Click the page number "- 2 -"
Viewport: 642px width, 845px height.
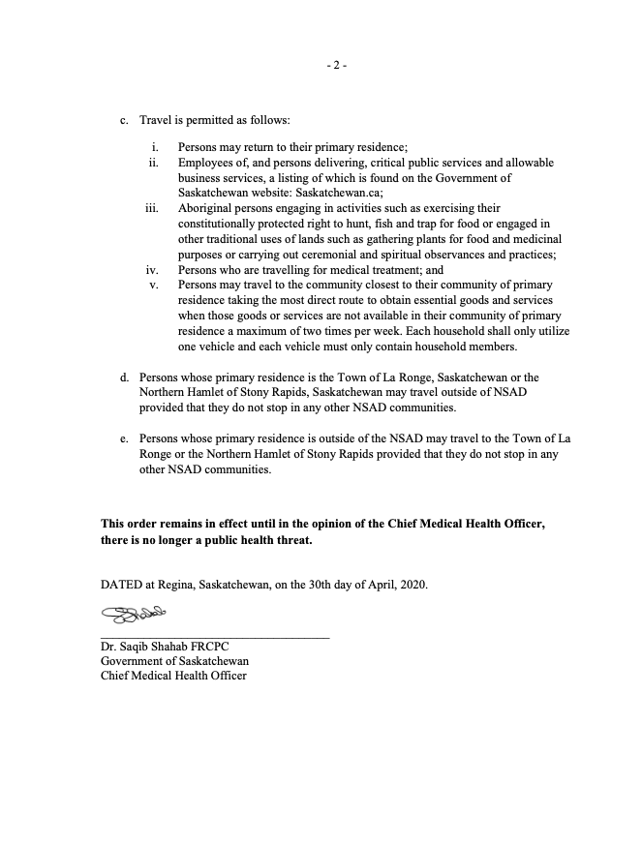pos(337,66)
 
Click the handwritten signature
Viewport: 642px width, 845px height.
pos(135,614)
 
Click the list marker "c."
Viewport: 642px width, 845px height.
pos(124,120)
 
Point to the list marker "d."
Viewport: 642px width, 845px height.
pos(124,377)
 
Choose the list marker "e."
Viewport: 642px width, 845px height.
pos(124,439)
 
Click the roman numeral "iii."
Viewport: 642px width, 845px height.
pos(151,208)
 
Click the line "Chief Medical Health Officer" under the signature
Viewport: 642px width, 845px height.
pos(173,676)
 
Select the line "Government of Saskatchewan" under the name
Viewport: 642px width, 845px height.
pos(174,661)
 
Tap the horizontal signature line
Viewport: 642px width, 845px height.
pos(215,636)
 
